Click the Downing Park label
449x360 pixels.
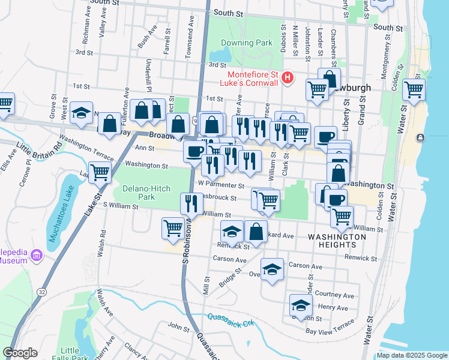point(247,43)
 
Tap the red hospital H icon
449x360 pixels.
point(288,77)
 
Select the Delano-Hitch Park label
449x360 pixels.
point(139,193)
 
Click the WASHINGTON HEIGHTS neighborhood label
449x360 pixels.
point(337,241)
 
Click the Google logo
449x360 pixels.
point(20,353)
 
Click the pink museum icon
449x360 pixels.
point(37,256)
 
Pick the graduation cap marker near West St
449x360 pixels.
point(82,113)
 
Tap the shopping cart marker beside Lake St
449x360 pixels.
point(100,172)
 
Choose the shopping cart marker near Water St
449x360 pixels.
point(414,89)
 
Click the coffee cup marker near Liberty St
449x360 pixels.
point(325,136)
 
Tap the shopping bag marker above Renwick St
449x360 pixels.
point(256,232)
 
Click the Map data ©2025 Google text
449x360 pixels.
point(411,355)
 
